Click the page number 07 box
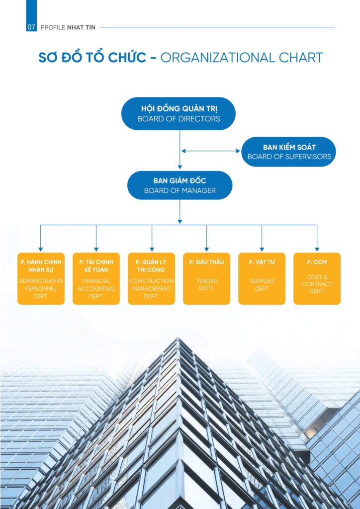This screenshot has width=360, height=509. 31,27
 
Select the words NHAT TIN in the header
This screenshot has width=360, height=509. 81,28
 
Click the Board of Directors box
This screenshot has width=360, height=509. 179,114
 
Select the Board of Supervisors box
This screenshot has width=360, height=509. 289,152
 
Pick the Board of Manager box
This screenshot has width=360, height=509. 180,185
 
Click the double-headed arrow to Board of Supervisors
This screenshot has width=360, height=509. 211,151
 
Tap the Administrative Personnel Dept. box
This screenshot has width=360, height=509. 41,278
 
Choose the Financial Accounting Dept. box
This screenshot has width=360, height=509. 96,278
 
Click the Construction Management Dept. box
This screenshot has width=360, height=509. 151,278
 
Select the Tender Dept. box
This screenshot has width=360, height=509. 206,278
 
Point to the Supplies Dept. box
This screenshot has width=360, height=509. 262,278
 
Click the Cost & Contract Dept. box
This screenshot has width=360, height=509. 317,278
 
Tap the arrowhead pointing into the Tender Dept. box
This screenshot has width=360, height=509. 206,250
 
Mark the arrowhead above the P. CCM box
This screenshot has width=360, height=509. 317,250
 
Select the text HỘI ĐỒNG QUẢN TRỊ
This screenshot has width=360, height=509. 179,109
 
